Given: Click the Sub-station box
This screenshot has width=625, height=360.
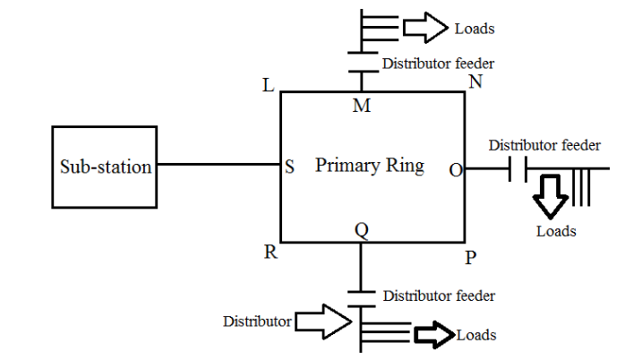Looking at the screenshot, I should [x=105, y=167].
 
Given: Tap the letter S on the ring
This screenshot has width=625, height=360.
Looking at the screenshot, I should [x=290, y=167].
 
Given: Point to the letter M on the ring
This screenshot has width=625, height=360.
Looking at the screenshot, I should [x=362, y=107].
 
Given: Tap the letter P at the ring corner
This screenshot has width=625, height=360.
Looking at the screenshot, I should [x=471, y=258].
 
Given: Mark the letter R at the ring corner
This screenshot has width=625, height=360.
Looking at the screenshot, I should [x=270, y=252].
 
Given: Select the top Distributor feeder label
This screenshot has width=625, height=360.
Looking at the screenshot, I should [x=438, y=64].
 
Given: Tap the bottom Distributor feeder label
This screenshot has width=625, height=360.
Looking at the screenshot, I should [x=439, y=296].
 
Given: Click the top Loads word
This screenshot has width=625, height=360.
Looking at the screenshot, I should [x=475, y=29].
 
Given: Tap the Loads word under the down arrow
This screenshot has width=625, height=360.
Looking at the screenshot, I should [x=556, y=231].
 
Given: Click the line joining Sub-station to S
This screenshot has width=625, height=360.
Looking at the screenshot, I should [x=219, y=165].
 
